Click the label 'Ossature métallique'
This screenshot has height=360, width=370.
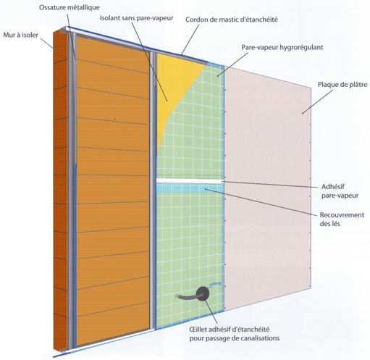pyautogui.click(x=70, y=8)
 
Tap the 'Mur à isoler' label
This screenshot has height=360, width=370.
pyautogui.click(x=21, y=35)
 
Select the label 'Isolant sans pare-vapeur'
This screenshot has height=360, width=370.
pyautogui.click(x=137, y=18)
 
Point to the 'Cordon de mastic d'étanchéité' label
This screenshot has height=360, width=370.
pyautogui.click(x=232, y=20)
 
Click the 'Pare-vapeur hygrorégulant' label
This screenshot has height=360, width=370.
pyautogui.click(x=282, y=47)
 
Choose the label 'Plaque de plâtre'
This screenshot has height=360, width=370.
pyautogui.click(x=342, y=85)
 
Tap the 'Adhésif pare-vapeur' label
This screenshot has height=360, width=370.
pyautogui.click(x=340, y=191)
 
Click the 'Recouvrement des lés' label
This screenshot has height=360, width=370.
pyautogui.click(x=342, y=219)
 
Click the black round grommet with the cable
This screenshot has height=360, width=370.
pyautogui.click(x=203, y=293)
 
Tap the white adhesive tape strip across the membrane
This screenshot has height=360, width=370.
pyautogui.click(x=190, y=180)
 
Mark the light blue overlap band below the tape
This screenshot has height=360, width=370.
pyautogui.click(x=190, y=188)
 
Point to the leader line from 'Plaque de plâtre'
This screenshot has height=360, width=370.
pyautogui.click(x=317, y=101)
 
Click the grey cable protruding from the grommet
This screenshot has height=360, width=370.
pyautogui.click(x=187, y=297)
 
